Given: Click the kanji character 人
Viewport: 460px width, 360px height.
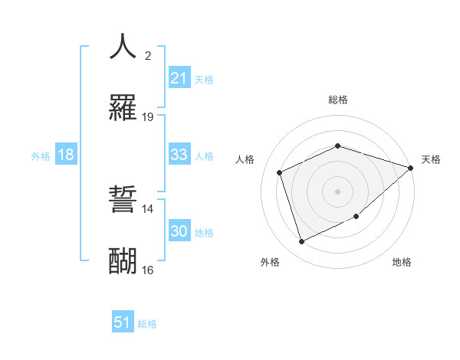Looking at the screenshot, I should click(x=122, y=46).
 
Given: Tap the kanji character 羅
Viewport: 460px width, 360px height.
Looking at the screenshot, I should click(x=122, y=107).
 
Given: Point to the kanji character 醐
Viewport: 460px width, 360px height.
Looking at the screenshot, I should click(x=122, y=261).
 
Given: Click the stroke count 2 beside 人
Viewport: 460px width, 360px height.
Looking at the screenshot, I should click(x=148, y=55).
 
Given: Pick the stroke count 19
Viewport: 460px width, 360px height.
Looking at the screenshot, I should click(x=148, y=117).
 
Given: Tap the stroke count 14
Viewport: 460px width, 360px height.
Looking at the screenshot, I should click(x=148, y=208).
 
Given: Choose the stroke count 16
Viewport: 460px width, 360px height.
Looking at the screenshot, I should click(x=148, y=270).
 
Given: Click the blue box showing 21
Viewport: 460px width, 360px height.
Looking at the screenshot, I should click(x=179, y=78).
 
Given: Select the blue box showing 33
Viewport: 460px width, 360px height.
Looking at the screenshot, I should click(x=179, y=155).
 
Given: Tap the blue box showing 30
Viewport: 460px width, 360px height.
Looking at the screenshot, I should click(x=179, y=231).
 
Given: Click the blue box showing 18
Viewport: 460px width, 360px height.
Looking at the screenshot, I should click(x=66, y=155).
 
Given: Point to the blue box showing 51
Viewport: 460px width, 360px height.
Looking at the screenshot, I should click(x=123, y=322).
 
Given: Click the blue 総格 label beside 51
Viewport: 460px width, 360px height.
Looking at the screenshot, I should click(x=147, y=324).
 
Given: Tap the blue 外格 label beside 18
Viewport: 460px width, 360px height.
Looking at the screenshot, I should click(x=41, y=156).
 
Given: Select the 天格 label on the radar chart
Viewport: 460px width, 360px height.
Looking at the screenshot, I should click(x=431, y=159).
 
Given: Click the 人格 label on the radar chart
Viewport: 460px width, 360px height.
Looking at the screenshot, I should click(x=245, y=159).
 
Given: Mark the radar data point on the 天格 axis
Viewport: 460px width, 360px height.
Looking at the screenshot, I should click(x=411, y=168).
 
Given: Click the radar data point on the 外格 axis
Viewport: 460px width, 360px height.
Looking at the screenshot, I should click(x=301, y=242).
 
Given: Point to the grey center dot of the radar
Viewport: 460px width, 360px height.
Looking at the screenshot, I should click(x=337, y=191).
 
